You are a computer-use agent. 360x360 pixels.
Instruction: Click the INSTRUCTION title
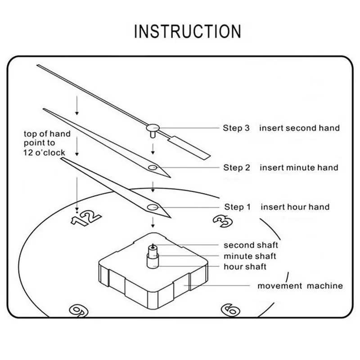point(188,31)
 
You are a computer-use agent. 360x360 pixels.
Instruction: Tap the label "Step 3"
point(236,128)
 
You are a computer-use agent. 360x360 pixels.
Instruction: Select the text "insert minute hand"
point(298,167)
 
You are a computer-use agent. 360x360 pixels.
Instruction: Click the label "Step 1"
point(237,207)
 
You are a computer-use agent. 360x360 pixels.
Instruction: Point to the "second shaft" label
point(251,245)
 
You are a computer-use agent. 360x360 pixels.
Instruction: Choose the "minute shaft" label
point(250,256)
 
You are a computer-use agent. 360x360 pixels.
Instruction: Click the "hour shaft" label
point(245,267)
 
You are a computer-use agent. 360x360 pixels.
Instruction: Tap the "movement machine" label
point(300,286)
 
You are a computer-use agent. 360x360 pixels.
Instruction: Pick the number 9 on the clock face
point(77,310)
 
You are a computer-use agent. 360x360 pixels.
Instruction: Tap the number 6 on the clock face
point(230,309)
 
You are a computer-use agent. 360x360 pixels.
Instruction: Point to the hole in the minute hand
point(153,168)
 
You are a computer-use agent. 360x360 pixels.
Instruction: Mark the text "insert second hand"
point(299,128)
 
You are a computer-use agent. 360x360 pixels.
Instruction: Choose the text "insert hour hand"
point(295,207)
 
